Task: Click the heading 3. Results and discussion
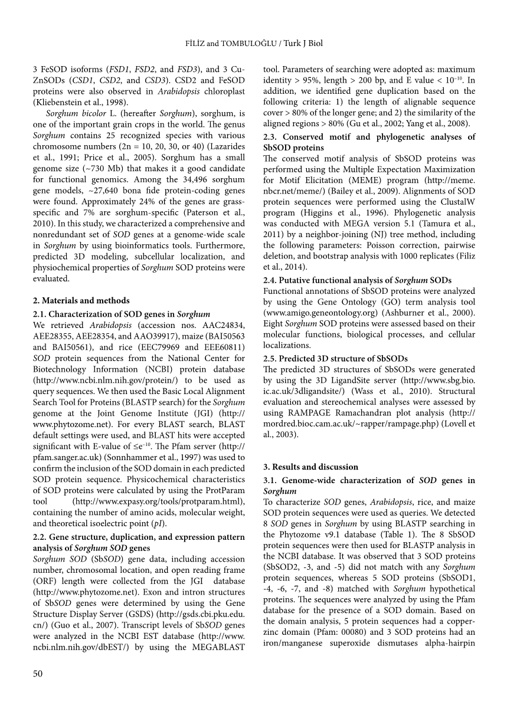click(310, 467)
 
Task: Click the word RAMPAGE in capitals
click(308, 413)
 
